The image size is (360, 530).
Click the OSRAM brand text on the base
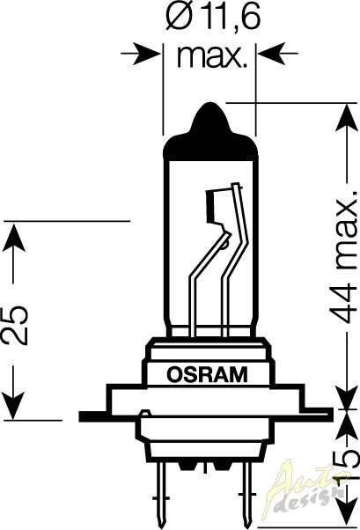(x=207, y=374)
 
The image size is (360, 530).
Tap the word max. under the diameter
(x=210, y=56)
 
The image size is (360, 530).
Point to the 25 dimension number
(x=14, y=325)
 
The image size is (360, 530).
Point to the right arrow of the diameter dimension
(x=278, y=54)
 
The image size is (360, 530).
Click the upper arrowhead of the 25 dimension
(x=13, y=238)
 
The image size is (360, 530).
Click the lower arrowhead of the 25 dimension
(x=13, y=405)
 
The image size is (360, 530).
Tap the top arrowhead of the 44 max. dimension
(x=346, y=118)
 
